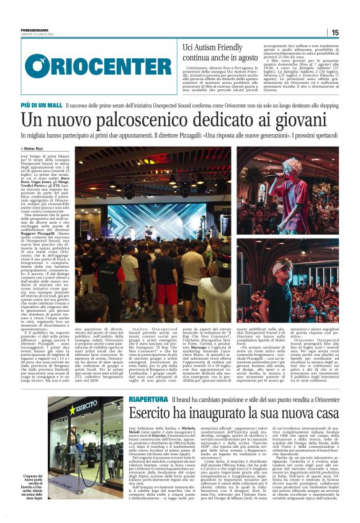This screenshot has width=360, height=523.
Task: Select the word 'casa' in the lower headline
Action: [322, 377]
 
